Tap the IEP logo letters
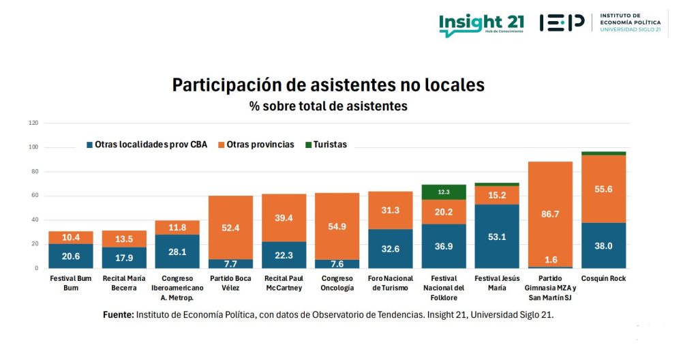pos(562,22)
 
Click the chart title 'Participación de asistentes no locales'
pos(328,85)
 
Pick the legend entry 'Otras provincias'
pos(256,145)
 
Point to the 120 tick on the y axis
pos(33,123)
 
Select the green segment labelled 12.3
pos(443,192)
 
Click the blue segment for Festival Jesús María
pos(496,237)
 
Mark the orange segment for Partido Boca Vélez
pos(230,227)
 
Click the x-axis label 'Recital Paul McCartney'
pos(284,283)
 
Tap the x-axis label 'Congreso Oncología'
pos(337,283)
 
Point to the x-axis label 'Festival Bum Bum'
pos(71,283)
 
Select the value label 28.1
pos(177,252)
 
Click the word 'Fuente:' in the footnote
pos(118,315)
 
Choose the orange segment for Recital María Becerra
pos(124,239)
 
